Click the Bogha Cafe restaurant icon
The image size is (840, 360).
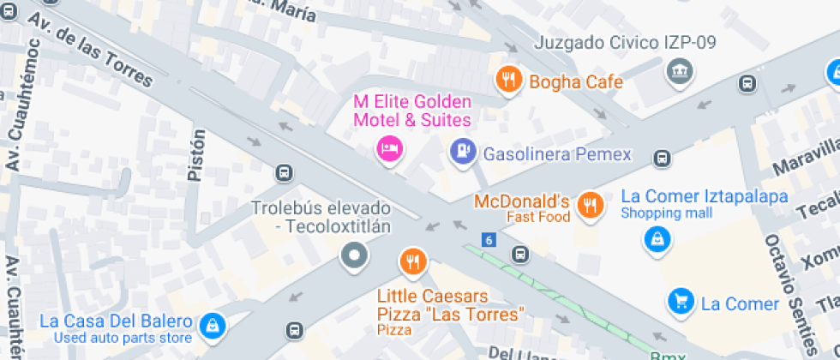point(508,80)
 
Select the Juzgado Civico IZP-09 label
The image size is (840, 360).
point(625,42)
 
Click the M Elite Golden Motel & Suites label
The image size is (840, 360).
point(412,111)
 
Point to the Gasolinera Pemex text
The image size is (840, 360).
point(557,155)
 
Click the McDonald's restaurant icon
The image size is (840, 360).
point(589,204)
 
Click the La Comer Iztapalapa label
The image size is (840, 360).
point(704,197)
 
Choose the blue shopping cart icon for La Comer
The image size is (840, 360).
point(681,301)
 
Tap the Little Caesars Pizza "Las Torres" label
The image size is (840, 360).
point(450,306)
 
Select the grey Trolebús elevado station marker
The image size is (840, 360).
point(354,255)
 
